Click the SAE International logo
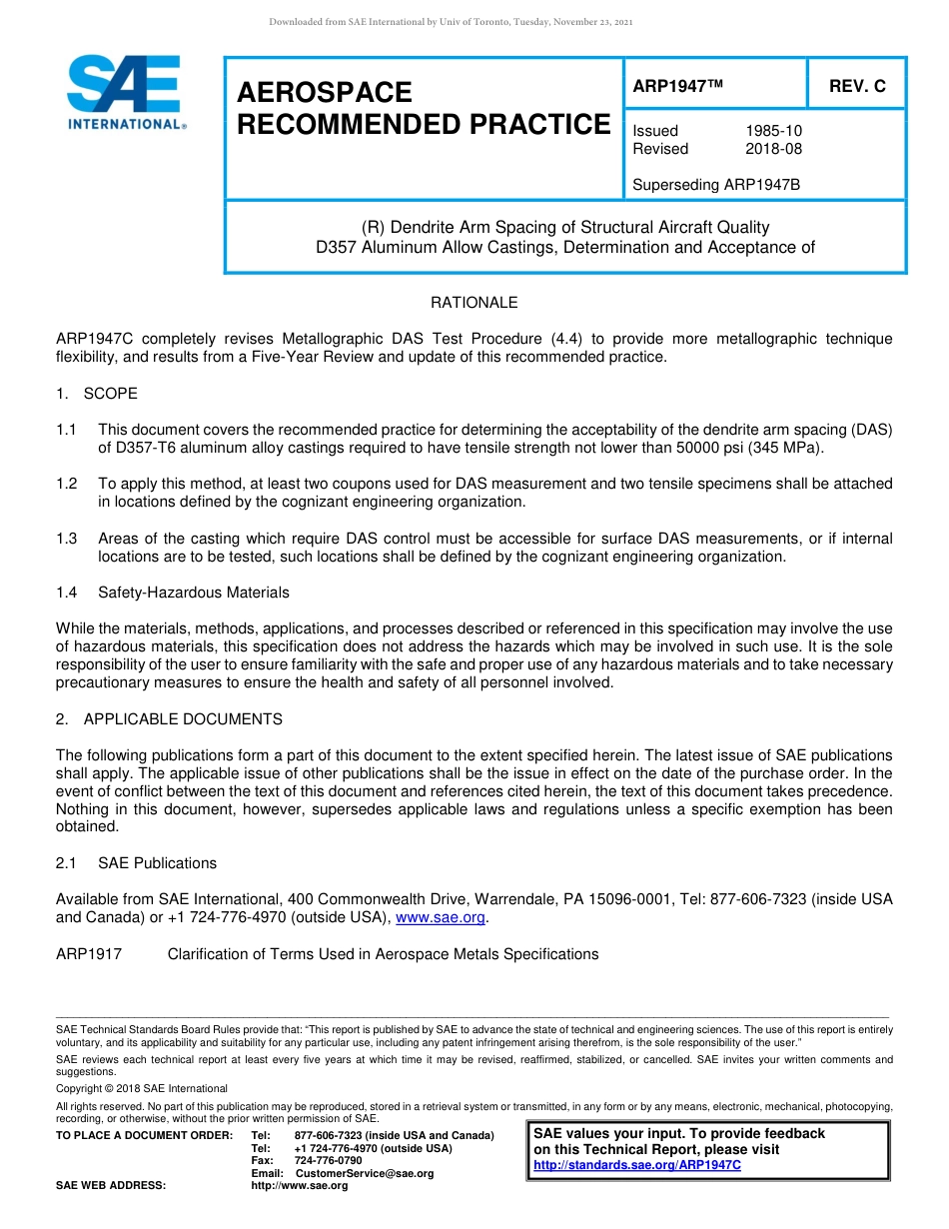(125, 92)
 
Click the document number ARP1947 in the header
(677, 87)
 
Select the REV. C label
(856, 87)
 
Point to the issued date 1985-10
(773, 131)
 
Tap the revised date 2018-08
(773, 149)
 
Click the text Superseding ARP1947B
(716, 185)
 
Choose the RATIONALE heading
(474, 302)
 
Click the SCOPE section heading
(110, 393)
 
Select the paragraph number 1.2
(67, 484)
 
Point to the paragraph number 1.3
(67, 539)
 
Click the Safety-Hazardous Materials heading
(193, 593)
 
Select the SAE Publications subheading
(157, 863)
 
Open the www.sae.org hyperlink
(441, 917)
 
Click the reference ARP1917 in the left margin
(89, 954)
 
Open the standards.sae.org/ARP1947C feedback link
(637, 1165)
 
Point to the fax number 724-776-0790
(328, 1161)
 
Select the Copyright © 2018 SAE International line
(142, 1088)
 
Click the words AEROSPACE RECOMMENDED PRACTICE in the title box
(423, 109)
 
